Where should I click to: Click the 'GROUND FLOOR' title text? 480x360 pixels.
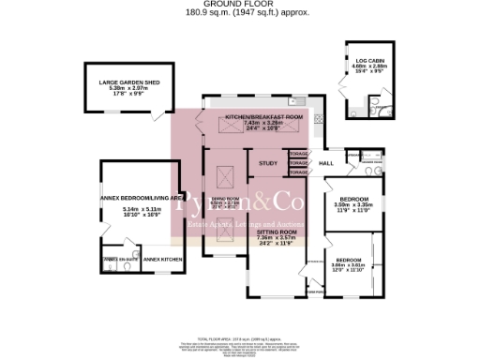pos(240,5)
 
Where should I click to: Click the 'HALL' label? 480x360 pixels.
pos(326,163)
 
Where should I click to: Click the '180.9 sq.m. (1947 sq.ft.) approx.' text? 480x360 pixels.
pos(240,14)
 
